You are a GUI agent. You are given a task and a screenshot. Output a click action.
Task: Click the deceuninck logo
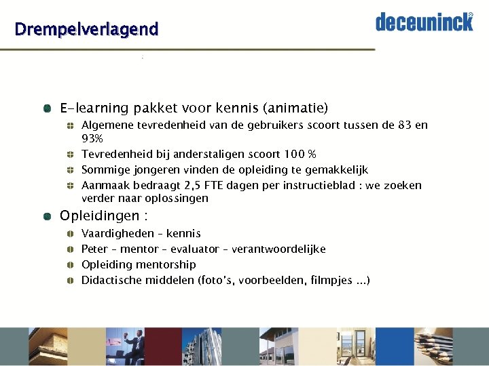424,22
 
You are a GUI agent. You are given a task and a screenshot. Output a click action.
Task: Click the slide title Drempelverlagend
86,29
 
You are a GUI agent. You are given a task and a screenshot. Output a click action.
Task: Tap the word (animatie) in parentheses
295,108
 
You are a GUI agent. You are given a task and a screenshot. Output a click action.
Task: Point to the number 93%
92,138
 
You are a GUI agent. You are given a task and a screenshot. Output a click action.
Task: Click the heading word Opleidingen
97,216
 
